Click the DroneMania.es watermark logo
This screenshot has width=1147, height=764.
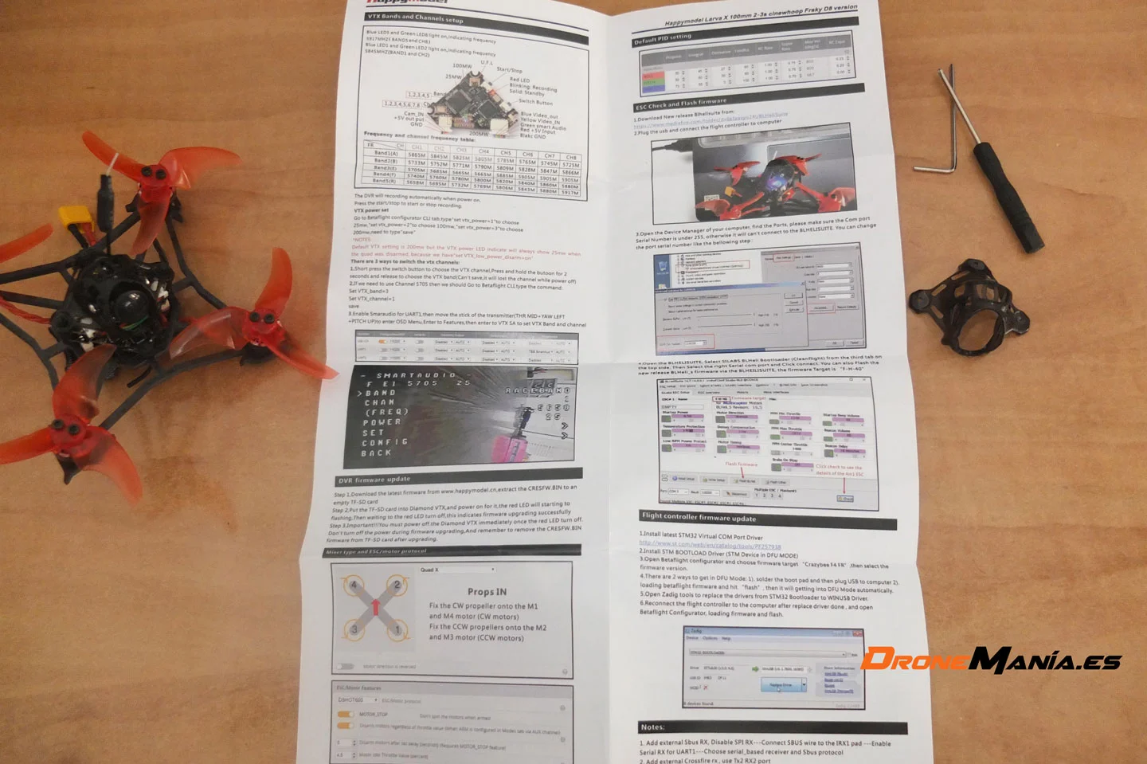click(x=991, y=660)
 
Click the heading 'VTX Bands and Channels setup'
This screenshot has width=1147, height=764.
click(x=415, y=17)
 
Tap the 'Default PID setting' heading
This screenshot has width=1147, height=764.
click(x=663, y=38)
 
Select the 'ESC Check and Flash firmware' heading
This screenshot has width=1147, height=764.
click(x=681, y=104)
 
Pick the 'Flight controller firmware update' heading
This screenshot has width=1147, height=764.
click(x=699, y=517)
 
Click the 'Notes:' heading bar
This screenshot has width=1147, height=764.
click(x=652, y=727)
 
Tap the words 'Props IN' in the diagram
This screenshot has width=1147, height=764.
click(x=487, y=591)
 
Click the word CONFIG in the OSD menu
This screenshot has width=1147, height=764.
click(x=385, y=441)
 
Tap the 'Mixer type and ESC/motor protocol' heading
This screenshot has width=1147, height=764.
click(x=377, y=550)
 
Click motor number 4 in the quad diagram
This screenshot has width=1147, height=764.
click(x=354, y=585)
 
